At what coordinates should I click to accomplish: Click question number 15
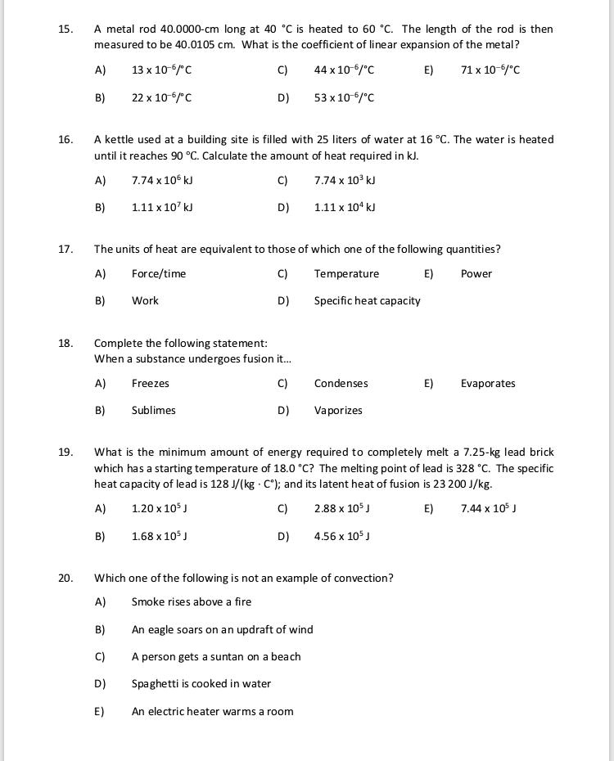[65, 29]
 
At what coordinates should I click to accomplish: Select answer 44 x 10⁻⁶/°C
[344, 70]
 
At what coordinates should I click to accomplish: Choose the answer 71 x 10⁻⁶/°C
[490, 70]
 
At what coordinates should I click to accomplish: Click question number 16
[65, 140]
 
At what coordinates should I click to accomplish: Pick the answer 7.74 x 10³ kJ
[344, 181]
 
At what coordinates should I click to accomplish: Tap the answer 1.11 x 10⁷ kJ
[162, 208]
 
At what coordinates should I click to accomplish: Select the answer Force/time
[159, 274]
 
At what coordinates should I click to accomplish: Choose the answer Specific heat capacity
[367, 301]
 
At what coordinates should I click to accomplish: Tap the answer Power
[476, 274]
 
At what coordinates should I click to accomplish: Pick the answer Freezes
[151, 384]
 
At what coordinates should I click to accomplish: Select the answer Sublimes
[154, 411]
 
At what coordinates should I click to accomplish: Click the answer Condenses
[341, 384]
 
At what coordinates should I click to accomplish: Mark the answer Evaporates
[488, 384]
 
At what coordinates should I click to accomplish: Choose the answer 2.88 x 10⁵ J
[342, 509]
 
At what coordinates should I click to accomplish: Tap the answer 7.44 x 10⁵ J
[488, 509]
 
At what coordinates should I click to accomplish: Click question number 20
[65, 579]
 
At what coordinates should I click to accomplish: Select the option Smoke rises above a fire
[192, 602]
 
